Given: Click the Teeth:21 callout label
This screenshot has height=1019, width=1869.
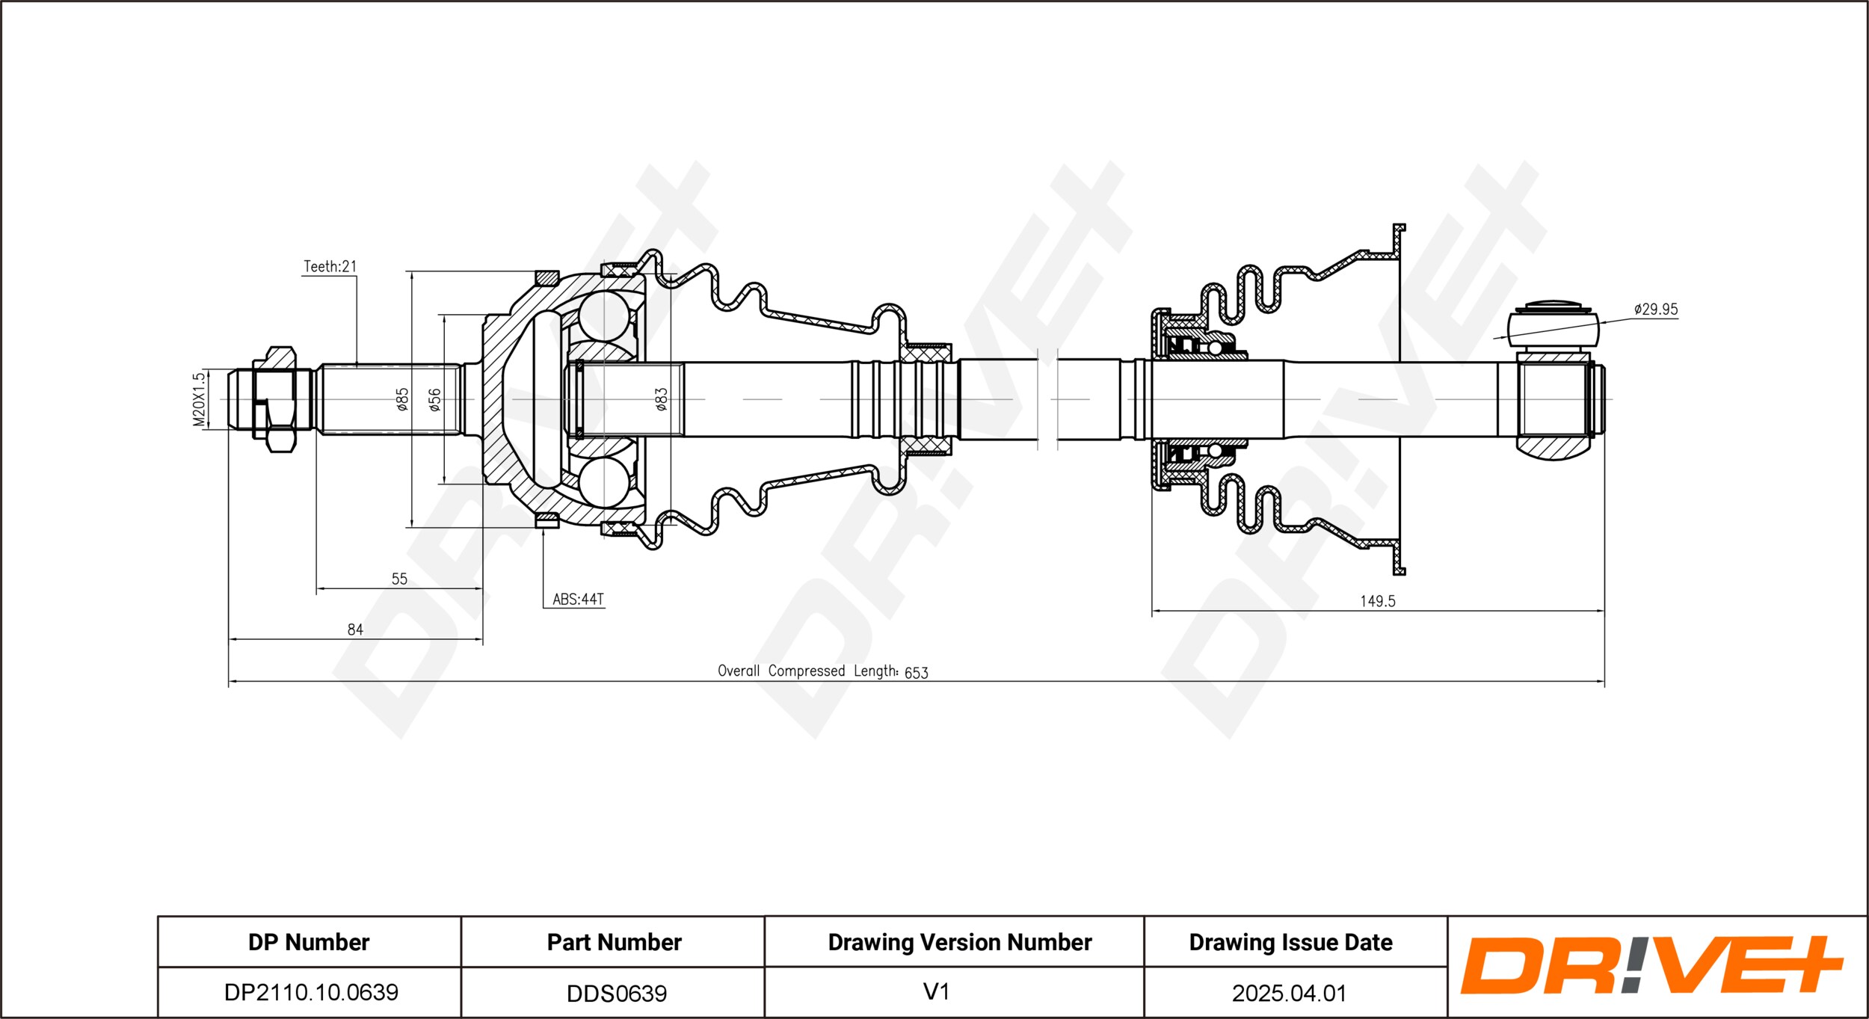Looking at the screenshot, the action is [330, 266].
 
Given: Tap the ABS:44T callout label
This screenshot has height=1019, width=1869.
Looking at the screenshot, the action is [578, 599].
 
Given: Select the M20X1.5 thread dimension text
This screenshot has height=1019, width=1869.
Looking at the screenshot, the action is [198, 400].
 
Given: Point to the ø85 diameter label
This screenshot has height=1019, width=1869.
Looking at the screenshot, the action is [402, 399].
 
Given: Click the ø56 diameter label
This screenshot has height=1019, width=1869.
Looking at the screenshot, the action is [434, 399].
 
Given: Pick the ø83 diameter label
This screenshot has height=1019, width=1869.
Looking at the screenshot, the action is [661, 399].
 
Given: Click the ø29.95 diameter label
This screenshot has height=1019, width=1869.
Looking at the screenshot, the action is [1656, 309].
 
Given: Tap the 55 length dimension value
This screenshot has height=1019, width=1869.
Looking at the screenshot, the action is [399, 579].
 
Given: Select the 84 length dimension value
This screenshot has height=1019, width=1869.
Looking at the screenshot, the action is [355, 629].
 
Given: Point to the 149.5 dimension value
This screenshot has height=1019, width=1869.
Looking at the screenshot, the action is [1377, 601].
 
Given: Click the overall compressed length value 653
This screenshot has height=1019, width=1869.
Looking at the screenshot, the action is [916, 673].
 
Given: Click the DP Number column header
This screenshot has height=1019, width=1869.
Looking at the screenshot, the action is [309, 942].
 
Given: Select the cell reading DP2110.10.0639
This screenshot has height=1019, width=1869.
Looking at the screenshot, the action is [311, 992].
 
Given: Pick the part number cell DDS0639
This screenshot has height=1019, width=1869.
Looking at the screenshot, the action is [617, 993].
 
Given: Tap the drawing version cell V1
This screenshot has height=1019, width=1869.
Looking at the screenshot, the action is [936, 991].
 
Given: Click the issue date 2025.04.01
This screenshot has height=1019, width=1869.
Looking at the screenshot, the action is [1289, 993].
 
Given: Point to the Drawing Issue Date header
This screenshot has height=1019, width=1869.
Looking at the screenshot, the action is [1291, 942].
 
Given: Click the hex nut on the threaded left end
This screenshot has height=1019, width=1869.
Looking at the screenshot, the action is [274, 400].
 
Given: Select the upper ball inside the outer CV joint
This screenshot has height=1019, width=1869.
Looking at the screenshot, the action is [604, 315].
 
